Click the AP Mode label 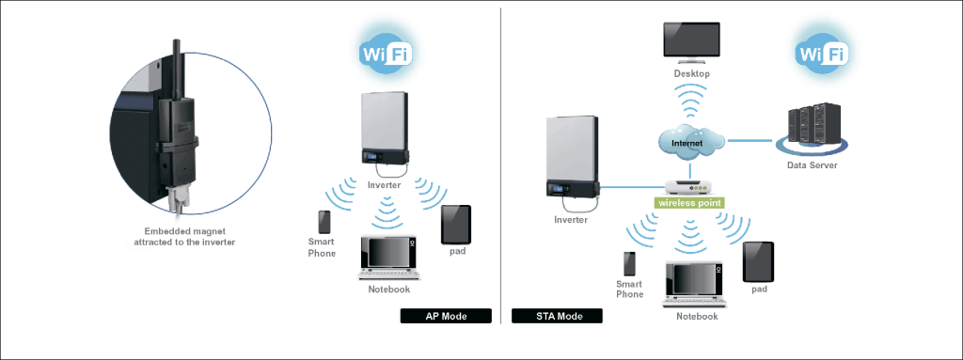446,316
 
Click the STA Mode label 556,316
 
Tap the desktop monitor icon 691,41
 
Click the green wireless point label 691,202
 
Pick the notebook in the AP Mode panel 388,258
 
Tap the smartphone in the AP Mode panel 324,222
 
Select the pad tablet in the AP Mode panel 456,224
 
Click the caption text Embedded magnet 183,231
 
